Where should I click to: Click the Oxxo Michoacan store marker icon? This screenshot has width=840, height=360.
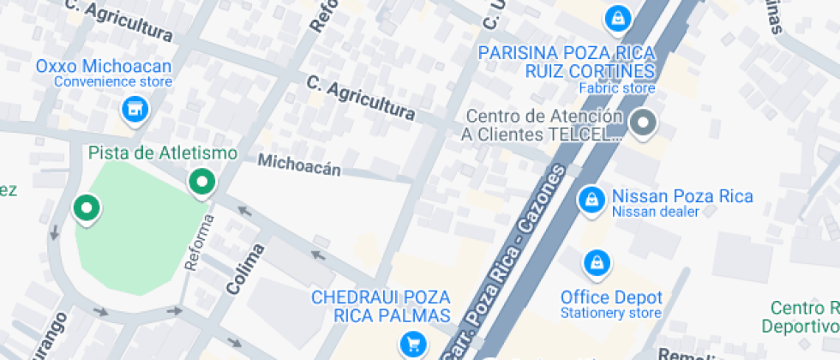[x=134, y=108]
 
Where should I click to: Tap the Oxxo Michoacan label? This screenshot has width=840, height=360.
[x=104, y=66]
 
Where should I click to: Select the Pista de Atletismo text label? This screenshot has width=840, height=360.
[x=163, y=153]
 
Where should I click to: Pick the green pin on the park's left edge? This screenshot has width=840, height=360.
[x=86, y=207]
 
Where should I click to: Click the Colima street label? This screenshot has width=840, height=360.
[x=245, y=269]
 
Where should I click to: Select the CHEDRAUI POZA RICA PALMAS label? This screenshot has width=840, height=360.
[x=381, y=306]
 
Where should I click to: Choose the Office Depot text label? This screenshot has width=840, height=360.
[x=611, y=297]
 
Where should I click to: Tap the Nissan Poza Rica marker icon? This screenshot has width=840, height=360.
[x=590, y=199]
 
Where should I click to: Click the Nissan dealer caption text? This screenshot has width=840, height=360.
[x=656, y=212]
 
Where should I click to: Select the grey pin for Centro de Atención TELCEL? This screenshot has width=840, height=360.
[x=642, y=123]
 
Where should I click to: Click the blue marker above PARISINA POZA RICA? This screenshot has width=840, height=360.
[x=616, y=16]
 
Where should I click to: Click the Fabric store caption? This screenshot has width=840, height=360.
[x=616, y=87]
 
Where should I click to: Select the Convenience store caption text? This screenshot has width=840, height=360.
[x=113, y=82]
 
